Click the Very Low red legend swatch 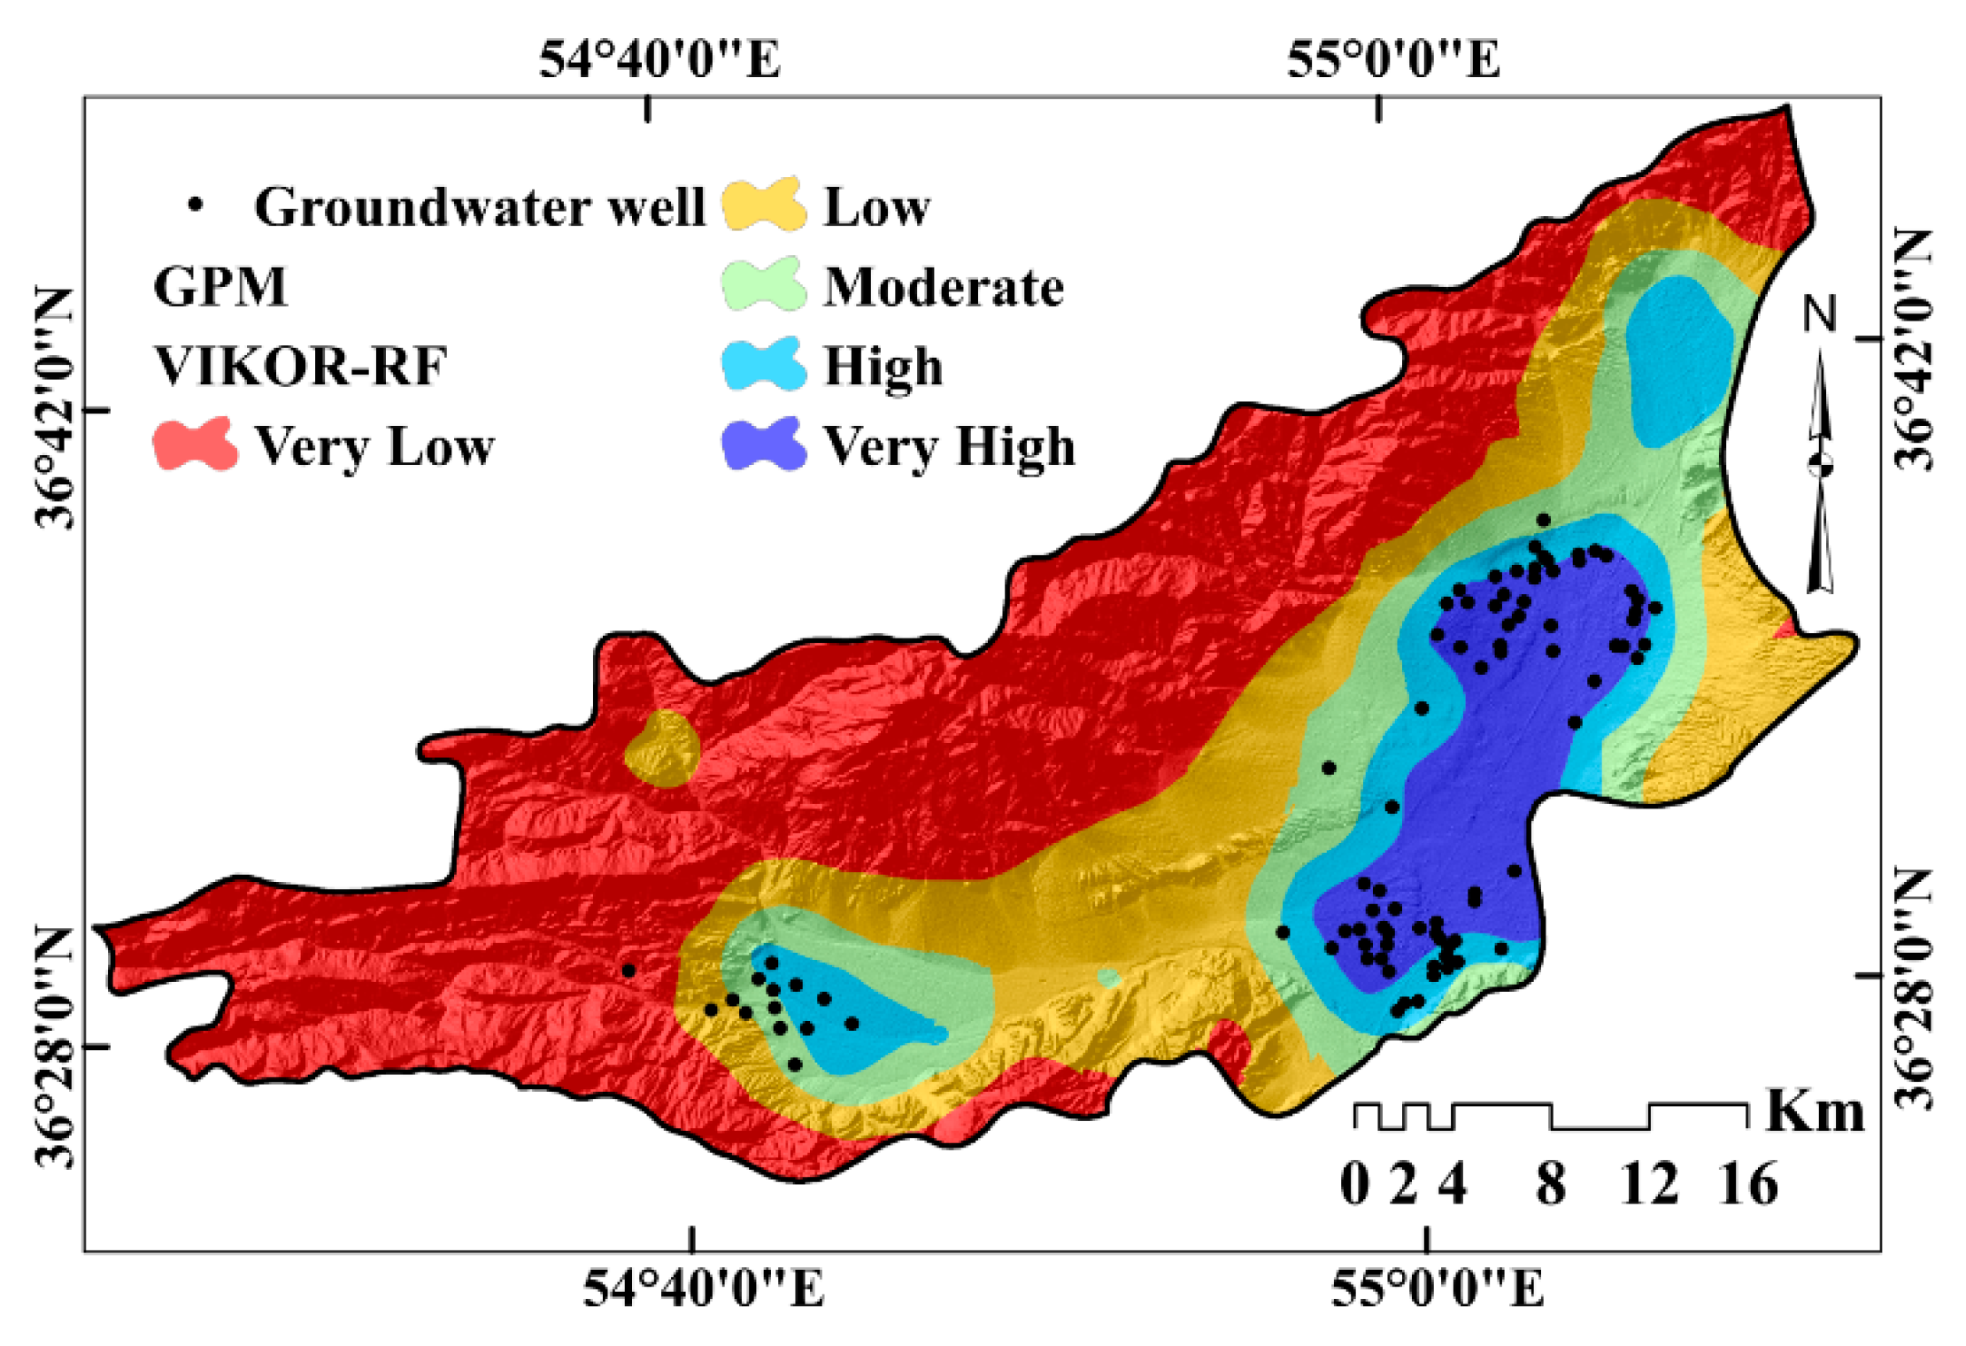pos(195,444)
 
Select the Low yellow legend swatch pos(764,205)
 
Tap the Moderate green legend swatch pos(764,284)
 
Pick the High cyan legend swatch pos(764,364)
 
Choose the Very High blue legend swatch pos(764,444)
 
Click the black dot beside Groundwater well pos(196,205)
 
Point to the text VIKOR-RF pos(301,366)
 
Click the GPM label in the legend pos(220,287)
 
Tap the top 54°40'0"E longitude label pos(659,60)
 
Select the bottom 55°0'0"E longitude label pos(1438,1288)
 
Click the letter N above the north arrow pos(1820,314)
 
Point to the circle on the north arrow pos(1820,464)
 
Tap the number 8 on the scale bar pos(1550,1184)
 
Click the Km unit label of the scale pos(1815,1110)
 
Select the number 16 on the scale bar pos(1747,1184)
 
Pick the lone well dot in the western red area pos(628,971)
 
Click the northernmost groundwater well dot pos(1544,520)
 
